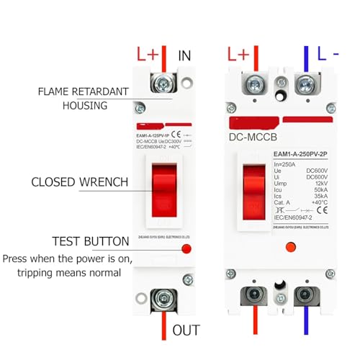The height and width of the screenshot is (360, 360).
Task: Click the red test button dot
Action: pyautogui.click(x=186, y=249)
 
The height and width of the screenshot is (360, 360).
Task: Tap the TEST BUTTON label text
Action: pyautogui.click(x=90, y=241)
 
